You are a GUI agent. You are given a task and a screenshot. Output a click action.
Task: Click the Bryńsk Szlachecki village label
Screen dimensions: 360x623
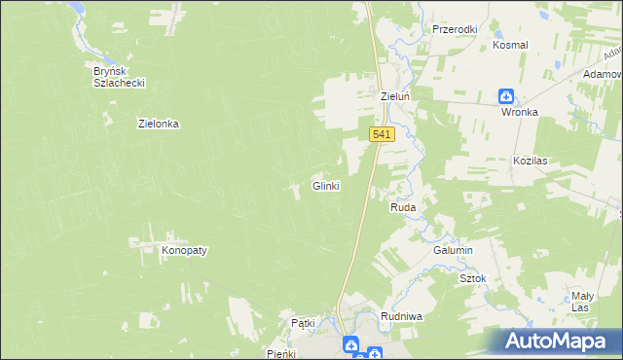tap(119, 77)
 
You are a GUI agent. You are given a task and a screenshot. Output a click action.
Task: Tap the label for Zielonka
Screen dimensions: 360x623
tap(160, 124)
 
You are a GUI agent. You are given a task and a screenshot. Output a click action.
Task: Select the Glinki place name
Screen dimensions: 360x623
tap(325, 186)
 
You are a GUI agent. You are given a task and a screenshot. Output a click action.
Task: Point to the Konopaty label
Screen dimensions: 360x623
tap(184, 250)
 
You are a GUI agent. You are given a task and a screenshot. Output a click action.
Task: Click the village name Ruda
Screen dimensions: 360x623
tap(403, 208)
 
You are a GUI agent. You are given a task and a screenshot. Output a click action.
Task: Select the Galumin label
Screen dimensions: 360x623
tap(453, 250)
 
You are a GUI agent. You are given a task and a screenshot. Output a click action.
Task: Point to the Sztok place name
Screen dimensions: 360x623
tap(472, 278)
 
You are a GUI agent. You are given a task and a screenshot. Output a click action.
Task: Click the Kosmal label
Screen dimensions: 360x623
tap(510, 46)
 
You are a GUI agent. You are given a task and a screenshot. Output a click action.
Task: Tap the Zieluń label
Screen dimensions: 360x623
tap(397, 97)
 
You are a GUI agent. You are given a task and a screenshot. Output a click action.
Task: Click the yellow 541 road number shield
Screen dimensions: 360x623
tap(382, 135)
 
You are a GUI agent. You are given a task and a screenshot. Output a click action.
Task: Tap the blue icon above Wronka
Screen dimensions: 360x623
tap(506, 95)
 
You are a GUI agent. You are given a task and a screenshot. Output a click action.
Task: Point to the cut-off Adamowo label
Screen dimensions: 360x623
tap(605, 74)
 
